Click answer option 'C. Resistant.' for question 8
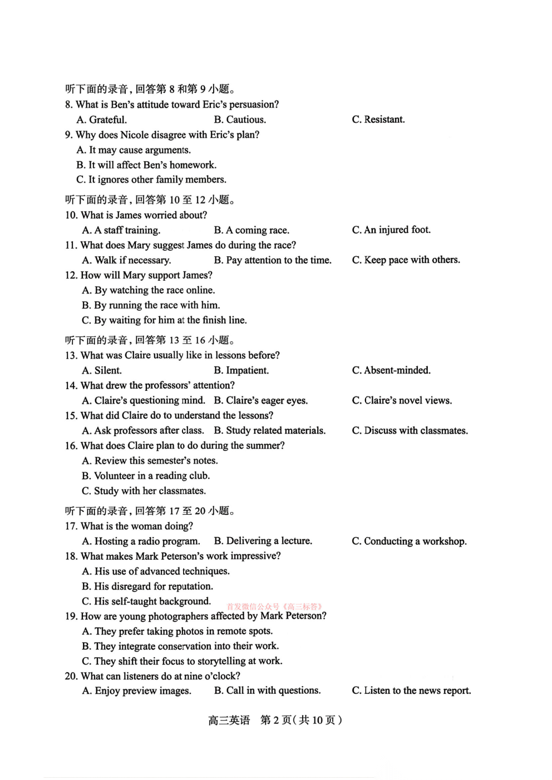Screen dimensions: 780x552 tap(378, 120)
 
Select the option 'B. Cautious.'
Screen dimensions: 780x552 tap(240, 120)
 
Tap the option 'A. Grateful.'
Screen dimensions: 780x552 tap(102, 120)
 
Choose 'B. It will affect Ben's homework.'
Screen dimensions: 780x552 tap(146, 165)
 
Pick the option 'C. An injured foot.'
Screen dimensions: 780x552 tap(391, 230)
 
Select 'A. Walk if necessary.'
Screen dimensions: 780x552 tap(126, 260)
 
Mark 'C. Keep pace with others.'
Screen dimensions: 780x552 tap(406, 260)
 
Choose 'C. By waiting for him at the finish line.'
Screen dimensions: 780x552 tap(164, 320)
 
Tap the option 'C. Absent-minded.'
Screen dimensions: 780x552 tap(391, 370)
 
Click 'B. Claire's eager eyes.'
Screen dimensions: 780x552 tap(260, 400)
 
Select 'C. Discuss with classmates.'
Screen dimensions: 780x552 tap(410, 430)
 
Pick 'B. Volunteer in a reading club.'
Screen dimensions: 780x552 tap(146, 476)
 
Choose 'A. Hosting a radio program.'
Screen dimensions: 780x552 tap(141, 541)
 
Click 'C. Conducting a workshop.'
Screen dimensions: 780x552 tap(409, 541)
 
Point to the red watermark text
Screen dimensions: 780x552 tap(275, 607)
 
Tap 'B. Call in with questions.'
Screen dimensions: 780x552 tap(267, 690)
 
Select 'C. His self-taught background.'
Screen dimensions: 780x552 tap(146, 601)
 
